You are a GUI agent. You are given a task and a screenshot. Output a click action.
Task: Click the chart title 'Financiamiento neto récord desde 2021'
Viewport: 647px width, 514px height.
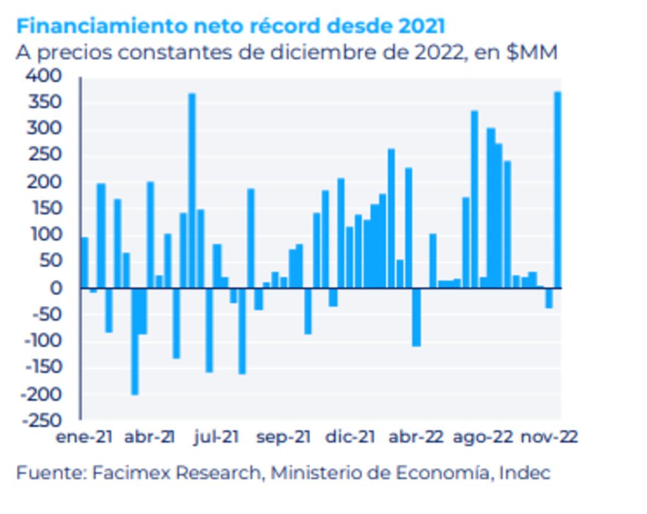point(230,27)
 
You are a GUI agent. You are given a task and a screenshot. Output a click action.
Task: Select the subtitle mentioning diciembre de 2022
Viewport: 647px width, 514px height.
point(287,52)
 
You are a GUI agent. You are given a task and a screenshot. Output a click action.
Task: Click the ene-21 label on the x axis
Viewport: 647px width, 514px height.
point(84,438)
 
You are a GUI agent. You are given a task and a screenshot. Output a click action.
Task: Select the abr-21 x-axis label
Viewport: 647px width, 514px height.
point(150,438)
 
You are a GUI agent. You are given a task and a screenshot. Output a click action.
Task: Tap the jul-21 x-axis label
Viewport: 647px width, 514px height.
point(217,438)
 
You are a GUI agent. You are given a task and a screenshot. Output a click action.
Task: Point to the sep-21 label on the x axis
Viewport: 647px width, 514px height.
point(283,438)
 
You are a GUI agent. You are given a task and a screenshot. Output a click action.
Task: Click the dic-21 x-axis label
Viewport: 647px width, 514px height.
point(350,438)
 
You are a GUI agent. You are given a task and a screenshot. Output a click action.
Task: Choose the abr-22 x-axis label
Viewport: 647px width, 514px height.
point(417,438)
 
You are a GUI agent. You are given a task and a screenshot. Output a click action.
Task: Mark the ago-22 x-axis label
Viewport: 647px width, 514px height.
point(483,438)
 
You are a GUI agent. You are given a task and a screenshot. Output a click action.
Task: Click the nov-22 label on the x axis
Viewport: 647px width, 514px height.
point(549,438)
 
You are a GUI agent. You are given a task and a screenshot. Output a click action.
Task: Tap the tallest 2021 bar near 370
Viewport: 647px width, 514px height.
point(192,191)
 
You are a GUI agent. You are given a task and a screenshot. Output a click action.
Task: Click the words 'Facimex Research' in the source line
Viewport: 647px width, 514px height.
point(175,473)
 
